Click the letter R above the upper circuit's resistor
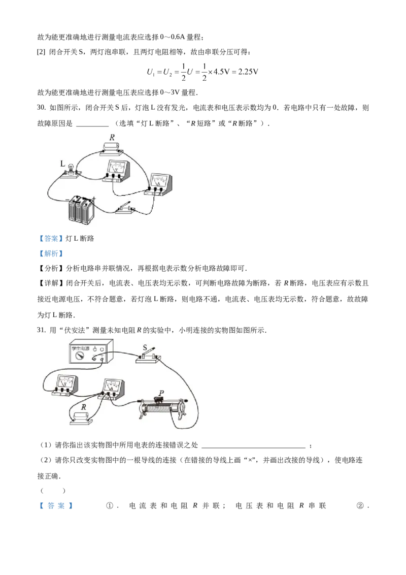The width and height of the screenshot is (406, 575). tap(113, 137)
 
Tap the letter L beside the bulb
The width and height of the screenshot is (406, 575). tap(62, 164)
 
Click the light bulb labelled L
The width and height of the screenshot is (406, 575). tap(72, 167)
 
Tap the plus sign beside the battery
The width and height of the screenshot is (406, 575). tap(94, 199)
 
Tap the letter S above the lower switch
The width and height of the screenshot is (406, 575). tap(145, 348)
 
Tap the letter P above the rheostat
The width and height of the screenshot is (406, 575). tap(161, 393)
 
